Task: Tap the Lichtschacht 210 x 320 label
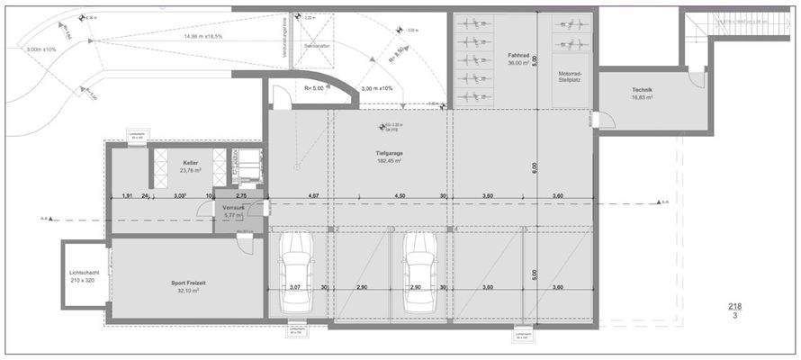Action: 84,275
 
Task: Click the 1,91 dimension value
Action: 127,195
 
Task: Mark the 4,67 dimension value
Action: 313,195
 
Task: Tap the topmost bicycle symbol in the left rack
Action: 471,24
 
